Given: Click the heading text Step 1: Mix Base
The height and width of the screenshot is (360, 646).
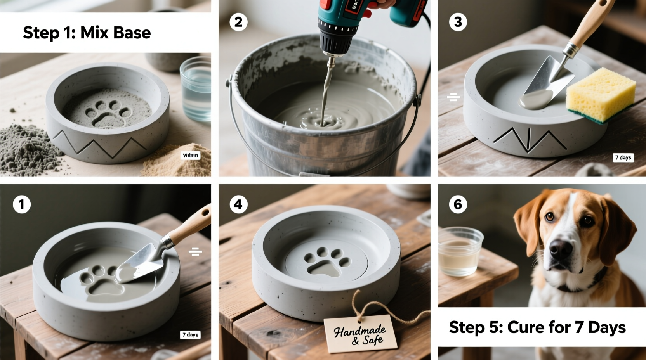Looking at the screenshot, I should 87,33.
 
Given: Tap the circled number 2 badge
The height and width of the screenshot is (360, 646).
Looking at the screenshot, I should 238,22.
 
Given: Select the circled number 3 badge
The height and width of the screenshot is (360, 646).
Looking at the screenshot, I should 458,22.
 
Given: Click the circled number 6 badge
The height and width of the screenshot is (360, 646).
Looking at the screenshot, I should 458,204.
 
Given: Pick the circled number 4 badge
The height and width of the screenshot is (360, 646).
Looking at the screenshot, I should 238,204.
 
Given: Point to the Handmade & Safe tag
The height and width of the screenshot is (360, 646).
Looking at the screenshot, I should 360,334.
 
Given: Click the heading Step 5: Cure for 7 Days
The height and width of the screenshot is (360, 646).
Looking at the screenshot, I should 537,327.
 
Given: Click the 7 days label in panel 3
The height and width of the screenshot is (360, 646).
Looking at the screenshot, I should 623,157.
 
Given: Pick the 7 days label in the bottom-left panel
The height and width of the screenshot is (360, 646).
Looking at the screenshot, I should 190,334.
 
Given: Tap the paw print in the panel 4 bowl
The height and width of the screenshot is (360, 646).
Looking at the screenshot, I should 322,262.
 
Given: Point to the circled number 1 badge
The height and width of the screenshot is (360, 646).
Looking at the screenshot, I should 22,204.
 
